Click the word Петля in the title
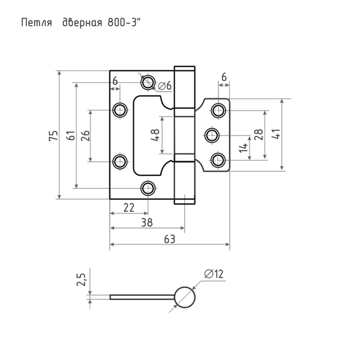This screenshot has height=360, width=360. tap(37, 23)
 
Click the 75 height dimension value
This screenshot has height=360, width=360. tap(53, 136)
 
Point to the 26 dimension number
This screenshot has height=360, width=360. tap(85, 136)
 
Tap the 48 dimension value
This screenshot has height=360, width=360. tap(155, 135)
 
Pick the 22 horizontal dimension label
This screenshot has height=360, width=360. tap(129, 208)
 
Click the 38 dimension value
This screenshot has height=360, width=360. tap(147, 223)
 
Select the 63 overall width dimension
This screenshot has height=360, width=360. tap(170, 239)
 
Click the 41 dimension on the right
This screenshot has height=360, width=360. tap(276, 134)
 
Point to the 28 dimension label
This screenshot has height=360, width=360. tap(258, 134)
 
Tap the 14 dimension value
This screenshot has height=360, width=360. tap(244, 148)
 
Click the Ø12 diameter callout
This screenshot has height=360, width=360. tap(214, 274)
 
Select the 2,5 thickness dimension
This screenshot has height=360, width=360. tap(81, 280)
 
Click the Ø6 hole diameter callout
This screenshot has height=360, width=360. tap(165, 86)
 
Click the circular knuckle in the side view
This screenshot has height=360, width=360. tap(185, 298)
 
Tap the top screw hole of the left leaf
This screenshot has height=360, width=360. tap(148, 82)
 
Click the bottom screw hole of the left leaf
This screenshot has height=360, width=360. tap(148, 188)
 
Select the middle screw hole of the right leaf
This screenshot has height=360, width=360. tap(212, 135)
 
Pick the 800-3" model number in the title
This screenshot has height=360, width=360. tap(124, 23)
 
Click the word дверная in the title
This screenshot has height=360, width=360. tap(82, 23)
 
